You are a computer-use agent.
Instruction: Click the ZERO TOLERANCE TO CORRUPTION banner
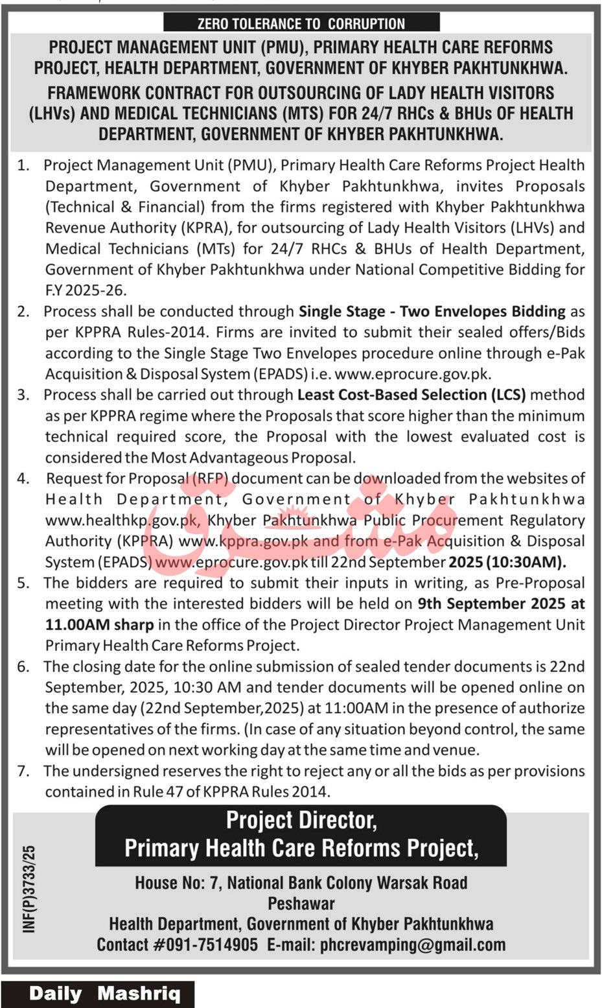click(x=301, y=24)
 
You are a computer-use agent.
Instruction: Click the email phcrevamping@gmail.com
click(x=413, y=944)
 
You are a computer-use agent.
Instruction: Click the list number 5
click(x=23, y=583)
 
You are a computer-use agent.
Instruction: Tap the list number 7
click(x=23, y=771)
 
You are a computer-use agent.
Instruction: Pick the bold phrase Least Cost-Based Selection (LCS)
click(x=411, y=395)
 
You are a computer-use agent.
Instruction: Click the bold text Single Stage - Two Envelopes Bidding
click(x=432, y=312)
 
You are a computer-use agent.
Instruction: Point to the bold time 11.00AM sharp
click(x=99, y=625)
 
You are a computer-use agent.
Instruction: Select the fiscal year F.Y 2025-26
click(x=86, y=290)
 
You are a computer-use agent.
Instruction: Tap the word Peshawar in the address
click(x=301, y=903)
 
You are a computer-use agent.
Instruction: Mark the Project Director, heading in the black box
click(x=301, y=821)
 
